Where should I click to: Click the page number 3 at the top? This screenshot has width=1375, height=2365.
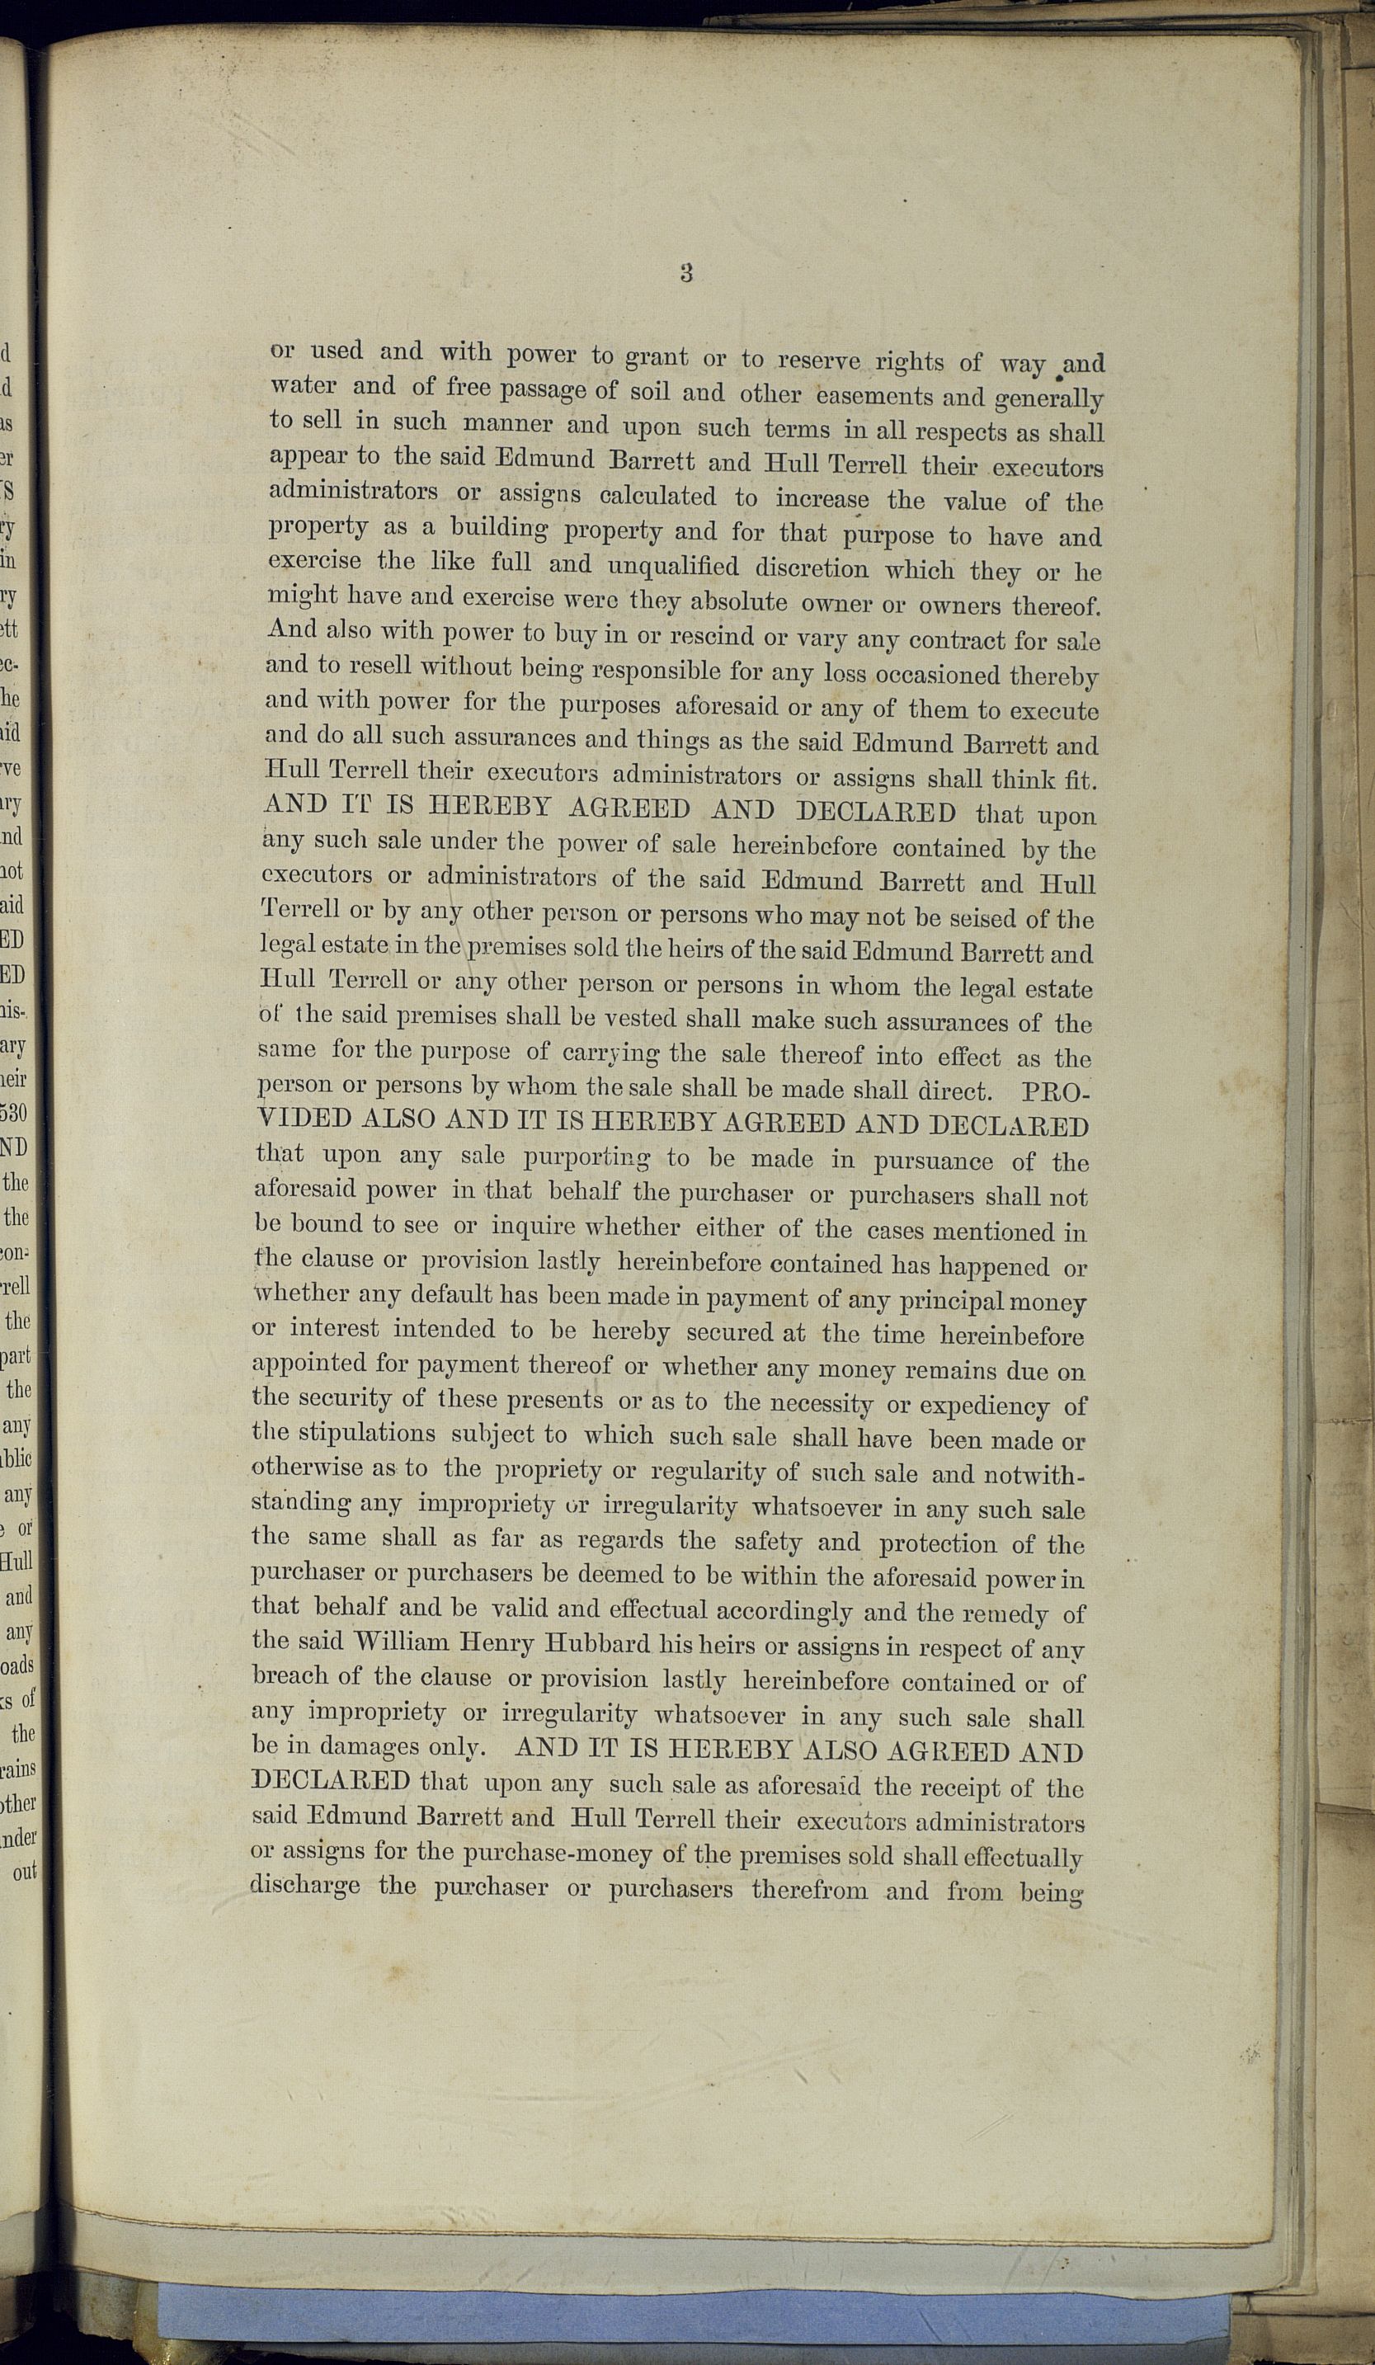pos(686,273)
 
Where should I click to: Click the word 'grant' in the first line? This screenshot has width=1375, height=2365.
pos(656,357)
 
